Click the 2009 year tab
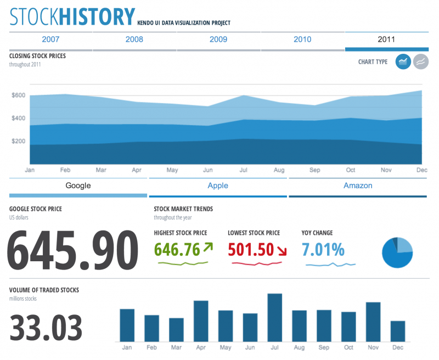(218, 40)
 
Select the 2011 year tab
(386, 40)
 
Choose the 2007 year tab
(50, 40)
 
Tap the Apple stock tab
(218, 185)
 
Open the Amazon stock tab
(358, 185)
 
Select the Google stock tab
(78, 185)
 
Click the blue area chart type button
(403, 61)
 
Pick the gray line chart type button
(421, 61)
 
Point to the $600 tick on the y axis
(19, 95)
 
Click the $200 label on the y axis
(19, 141)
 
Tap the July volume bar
(274, 317)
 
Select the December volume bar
(397, 330)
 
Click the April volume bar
(201, 320)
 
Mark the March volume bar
(176, 329)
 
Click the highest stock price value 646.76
(177, 250)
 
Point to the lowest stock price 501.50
(251, 250)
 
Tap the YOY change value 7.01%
(323, 250)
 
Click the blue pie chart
(397, 252)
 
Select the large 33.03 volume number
(46, 328)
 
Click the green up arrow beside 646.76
(207, 248)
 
